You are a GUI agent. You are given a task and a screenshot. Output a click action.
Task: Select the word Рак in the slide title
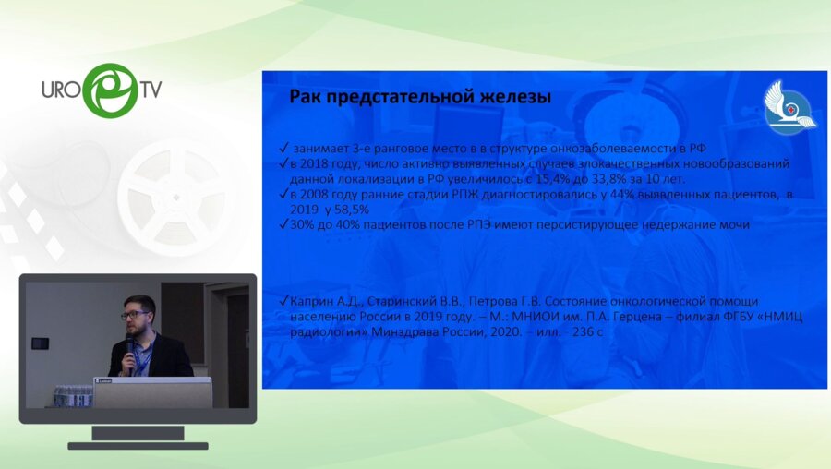pyautogui.click(x=307, y=96)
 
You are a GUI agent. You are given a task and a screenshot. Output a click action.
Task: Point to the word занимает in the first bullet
pyautogui.click(x=322, y=148)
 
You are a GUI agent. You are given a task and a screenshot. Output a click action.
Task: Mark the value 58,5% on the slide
pyautogui.click(x=351, y=210)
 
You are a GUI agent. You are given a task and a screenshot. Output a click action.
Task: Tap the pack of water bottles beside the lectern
pyautogui.click(x=72, y=395)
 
